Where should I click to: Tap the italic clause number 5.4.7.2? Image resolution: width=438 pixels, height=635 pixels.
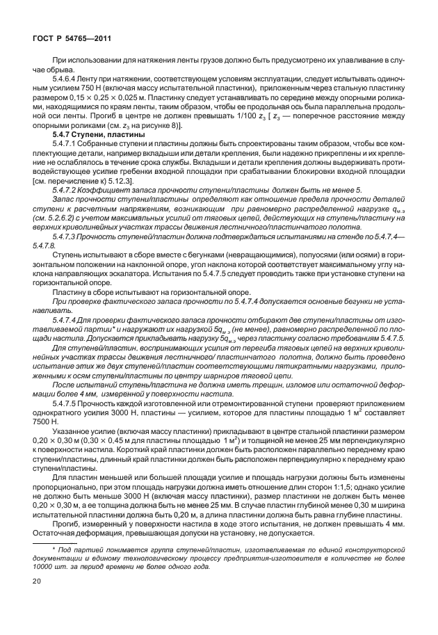(x=69, y=190)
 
